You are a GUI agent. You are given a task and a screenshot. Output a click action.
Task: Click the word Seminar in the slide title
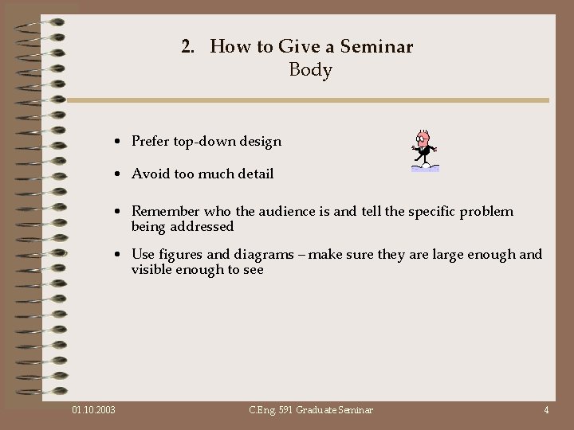click(376, 47)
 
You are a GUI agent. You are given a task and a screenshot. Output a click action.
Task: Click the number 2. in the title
click(188, 47)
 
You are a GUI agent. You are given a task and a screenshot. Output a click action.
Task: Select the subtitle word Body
click(310, 70)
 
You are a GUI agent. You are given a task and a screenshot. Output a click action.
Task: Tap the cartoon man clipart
click(423, 150)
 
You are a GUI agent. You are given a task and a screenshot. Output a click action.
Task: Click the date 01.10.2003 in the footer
click(93, 410)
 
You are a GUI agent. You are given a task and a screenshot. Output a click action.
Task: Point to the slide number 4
click(546, 410)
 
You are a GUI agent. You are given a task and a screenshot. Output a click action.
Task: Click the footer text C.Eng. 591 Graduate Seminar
click(310, 410)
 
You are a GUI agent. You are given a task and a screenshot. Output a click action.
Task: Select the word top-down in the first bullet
click(202, 142)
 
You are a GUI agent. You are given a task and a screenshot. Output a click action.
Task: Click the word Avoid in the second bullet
click(149, 174)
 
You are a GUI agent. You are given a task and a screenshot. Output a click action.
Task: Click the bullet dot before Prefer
click(116, 143)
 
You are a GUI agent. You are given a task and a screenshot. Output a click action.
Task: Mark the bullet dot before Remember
click(116, 213)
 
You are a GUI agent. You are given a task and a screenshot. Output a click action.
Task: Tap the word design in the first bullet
click(260, 142)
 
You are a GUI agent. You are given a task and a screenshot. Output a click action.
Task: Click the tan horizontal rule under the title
click(308, 100)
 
